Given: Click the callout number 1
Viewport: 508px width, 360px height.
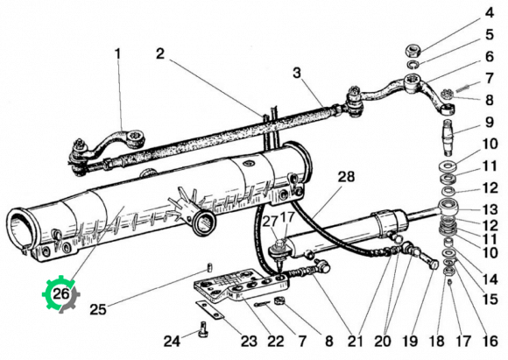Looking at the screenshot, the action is pyautogui.click(x=118, y=53).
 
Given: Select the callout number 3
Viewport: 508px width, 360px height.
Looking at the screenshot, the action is pyautogui.click(x=297, y=74).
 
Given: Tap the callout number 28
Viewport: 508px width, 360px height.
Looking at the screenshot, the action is pyautogui.click(x=346, y=177).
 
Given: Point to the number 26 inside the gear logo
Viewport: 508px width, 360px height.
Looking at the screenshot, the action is pyautogui.click(x=60, y=294).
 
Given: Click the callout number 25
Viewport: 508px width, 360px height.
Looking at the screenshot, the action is pyautogui.click(x=98, y=309).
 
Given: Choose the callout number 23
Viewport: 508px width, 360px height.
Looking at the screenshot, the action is pyautogui.click(x=249, y=341).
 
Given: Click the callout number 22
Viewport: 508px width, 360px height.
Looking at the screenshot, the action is pyautogui.click(x=276, y=341).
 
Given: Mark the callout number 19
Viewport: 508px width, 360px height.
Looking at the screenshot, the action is pyautogui.click(x=410, y=341).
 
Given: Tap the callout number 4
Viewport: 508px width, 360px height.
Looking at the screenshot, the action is pyautogui.click(x=490, y=13).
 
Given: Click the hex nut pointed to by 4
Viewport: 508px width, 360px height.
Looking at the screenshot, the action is pyautogui.click(x=413, y=51).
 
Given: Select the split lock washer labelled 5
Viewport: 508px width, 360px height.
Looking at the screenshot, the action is pyautogui.click(x=413, y=64).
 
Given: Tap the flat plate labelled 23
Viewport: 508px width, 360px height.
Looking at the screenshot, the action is pyautogui.click(x=209, y=310).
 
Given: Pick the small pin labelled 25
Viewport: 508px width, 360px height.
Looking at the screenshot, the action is pyautogui.click(x=209, y=268).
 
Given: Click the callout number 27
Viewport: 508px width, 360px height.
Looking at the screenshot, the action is pyautogui.click(x=270, y=222).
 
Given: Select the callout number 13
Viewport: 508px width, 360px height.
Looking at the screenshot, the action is pyautogui.click(x=490, y=209).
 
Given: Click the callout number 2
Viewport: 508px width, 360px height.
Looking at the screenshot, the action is pyautogui.click(x=160, y=53).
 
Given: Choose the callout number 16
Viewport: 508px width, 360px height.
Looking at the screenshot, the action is pyautogui.click(x=490, y=341).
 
